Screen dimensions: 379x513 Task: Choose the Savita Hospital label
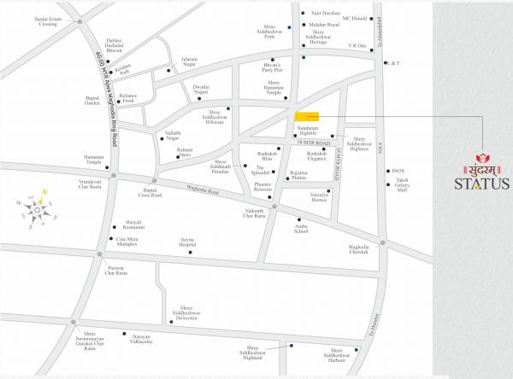(187, 242)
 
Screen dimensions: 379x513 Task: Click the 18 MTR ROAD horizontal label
(313, 143)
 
